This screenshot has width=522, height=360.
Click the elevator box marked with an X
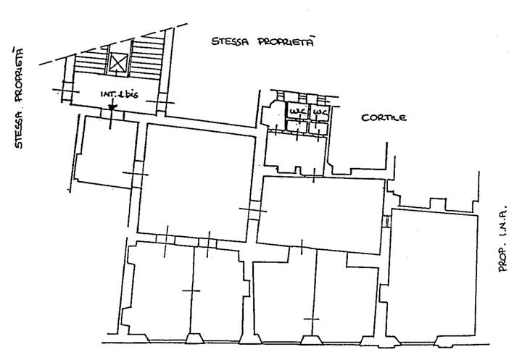[118, 62]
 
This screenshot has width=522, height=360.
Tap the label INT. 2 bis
[119, 94]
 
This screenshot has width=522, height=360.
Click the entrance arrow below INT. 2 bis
[112, 106]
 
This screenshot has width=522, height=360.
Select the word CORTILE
[384, 118]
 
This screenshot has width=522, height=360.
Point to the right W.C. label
[319, 111]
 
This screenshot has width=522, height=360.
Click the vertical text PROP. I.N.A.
[502, 238]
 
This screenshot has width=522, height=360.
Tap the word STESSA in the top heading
[230, 41]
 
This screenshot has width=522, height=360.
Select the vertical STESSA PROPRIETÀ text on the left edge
[19, 99]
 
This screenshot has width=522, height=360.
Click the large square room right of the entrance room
[196, 183]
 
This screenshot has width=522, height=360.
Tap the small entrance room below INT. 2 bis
[107, 151]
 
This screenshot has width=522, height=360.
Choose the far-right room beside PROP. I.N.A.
[432, 273]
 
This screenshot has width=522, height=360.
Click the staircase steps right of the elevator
[146, 57]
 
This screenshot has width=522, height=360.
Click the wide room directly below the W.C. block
[321, 214]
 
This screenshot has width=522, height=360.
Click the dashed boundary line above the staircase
[113, 44]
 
